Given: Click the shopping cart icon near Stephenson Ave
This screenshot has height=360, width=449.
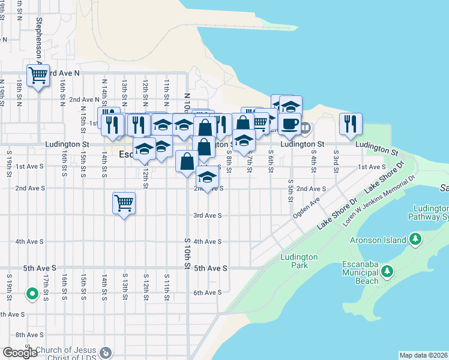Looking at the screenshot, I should coord(38,76).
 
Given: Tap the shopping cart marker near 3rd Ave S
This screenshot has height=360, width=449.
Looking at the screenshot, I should coord(124,203).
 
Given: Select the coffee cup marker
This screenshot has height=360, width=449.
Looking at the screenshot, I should coord(289,124).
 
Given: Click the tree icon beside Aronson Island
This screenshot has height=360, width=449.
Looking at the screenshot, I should coord(415,240).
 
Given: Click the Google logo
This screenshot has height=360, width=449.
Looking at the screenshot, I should coord(20,353).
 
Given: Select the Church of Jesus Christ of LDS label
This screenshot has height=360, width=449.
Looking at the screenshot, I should coord(70,353).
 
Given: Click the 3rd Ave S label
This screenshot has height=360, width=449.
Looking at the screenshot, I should coord(207,215).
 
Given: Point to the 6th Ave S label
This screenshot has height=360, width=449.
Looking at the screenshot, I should coord(207,293).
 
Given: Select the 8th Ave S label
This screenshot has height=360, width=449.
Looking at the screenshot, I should coord(28,335).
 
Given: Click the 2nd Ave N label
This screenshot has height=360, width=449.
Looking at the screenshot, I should coord(84,100).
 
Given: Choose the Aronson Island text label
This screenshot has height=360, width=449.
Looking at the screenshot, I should coord(379,240).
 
